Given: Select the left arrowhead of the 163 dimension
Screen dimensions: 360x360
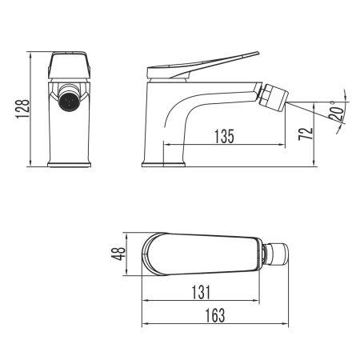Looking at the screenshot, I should coord(145,324).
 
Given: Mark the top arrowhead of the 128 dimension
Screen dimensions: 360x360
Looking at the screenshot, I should coord(30,55).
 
